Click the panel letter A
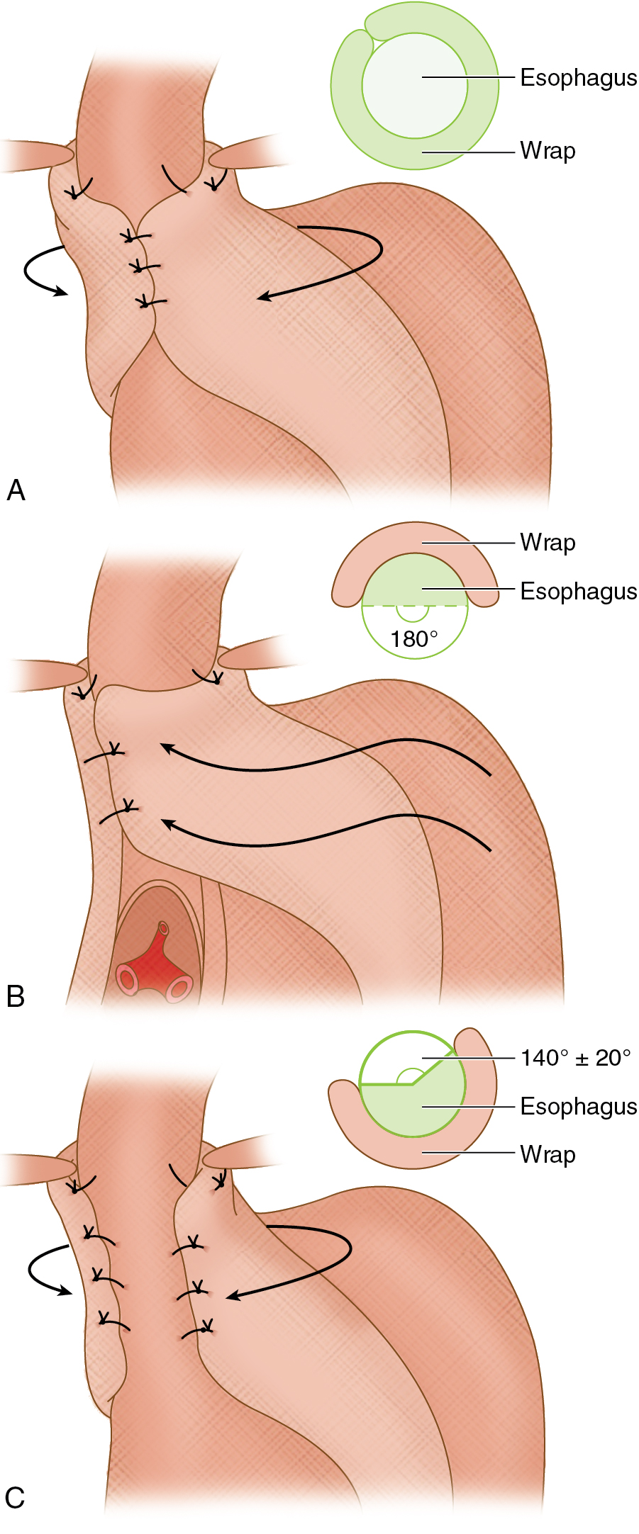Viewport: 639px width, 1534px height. pos(16,490)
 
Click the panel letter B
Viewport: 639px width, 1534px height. pos(16,996)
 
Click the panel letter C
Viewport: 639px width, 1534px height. pos(15,1497)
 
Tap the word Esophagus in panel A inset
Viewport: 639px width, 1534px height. pos(578,77)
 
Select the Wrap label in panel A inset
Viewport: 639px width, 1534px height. pos(548,151)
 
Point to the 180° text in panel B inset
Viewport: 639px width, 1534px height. pos(414,639)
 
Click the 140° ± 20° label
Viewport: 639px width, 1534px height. pos(575,1058)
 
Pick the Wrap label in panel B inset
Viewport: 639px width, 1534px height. pos(548,543)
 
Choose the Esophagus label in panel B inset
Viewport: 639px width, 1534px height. pos(578,591)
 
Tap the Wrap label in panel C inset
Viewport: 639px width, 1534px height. pos(548,1154)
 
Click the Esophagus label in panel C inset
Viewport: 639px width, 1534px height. pos(578,1106)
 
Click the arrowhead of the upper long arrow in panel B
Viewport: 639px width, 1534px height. pos(166,747)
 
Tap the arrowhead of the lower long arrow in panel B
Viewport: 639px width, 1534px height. pos(167,823)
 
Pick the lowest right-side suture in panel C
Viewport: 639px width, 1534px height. pos(201,1329)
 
